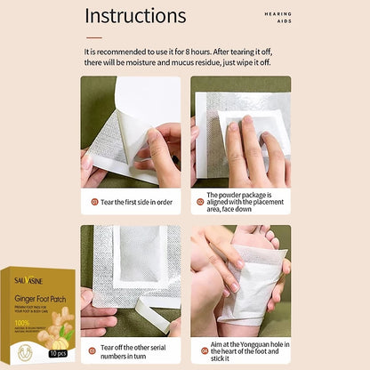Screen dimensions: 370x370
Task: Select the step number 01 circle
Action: (x=95, y=202)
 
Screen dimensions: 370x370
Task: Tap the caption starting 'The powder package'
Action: (x=241, y=202)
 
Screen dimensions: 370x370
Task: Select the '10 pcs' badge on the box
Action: (x=57, y=354)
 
